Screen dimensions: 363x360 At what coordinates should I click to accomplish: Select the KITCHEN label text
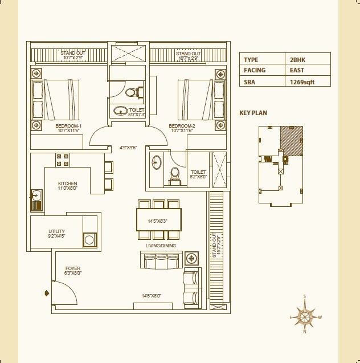pos(67,183)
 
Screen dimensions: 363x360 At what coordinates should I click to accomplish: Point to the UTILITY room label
pos(56,231)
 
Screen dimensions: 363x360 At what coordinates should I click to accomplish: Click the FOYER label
pos(72,268)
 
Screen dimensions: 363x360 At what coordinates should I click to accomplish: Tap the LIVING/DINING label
pos(161,246)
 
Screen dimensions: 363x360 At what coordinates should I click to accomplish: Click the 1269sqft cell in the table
pos(302,81)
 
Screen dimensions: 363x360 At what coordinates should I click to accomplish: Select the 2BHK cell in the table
pos(297,59)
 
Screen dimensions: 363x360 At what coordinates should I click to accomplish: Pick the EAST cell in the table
pos(297,70)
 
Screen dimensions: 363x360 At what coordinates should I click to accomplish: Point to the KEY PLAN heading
pos(253,113)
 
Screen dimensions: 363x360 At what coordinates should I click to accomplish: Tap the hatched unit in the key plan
pos(291,140)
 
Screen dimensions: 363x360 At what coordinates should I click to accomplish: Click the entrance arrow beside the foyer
pos(47,293)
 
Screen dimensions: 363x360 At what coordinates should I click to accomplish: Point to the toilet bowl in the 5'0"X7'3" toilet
pos(131,92)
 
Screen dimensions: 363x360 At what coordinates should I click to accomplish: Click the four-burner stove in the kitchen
pos(62,160)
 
